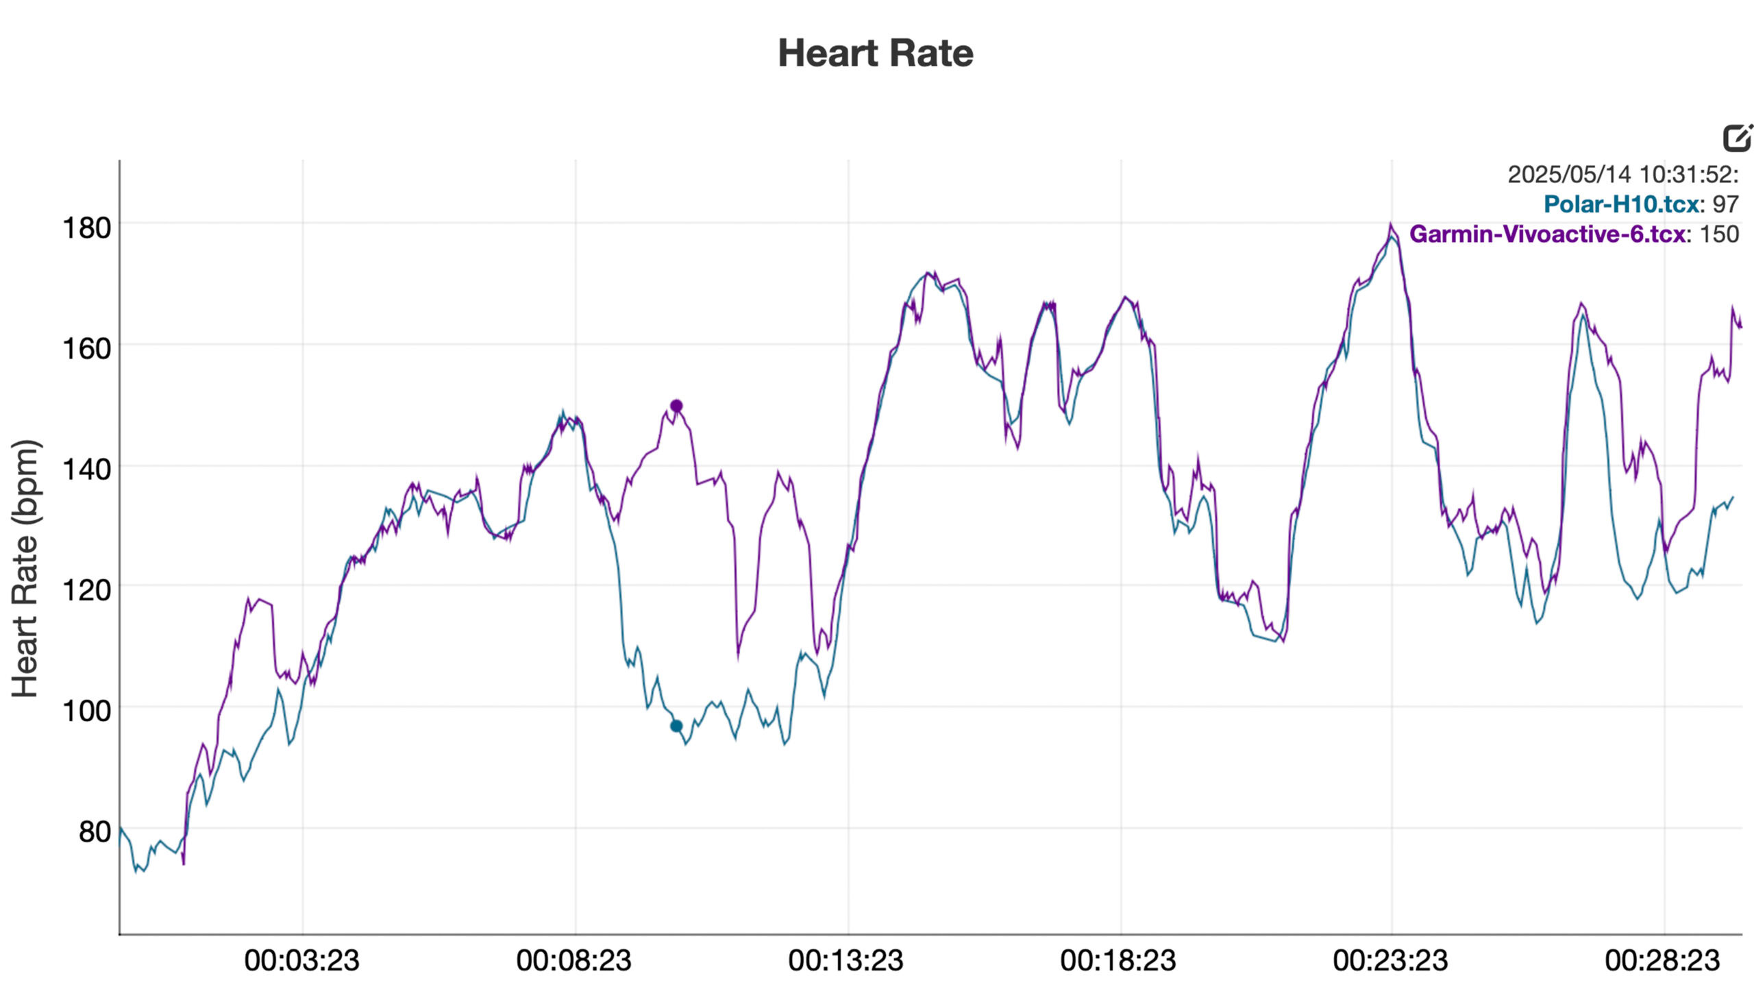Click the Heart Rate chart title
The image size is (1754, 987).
tap(875, 53)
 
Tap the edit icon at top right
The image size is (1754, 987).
tap(1738, 138)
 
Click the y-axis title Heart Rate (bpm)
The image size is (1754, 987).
tap(26, 569)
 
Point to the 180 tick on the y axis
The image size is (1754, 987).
tap(86, 228)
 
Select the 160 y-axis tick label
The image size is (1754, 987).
tap(86, 349)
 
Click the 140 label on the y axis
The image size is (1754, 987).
tap(86, 470)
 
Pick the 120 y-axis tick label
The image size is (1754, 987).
tap(86, 589)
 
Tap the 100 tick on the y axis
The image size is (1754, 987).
tap(86, 711)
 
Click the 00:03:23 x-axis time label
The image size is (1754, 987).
tap(301, 961)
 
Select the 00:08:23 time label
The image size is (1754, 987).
tap(574, 961)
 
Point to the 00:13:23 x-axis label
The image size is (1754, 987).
tap(846, 961)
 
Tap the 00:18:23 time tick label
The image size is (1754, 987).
tap(1118, 961)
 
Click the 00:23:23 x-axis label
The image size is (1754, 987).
tap(1390, 961)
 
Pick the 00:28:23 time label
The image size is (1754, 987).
tap(1662, 961)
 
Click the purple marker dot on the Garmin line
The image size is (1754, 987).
tap(676, 406)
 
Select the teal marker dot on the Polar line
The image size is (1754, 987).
tap(676, 726)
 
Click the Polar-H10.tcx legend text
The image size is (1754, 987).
tap(1621, 204)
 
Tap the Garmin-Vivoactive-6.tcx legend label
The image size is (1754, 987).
tap(1547, 234)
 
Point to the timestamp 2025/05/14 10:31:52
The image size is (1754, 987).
tap(1621, 175)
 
